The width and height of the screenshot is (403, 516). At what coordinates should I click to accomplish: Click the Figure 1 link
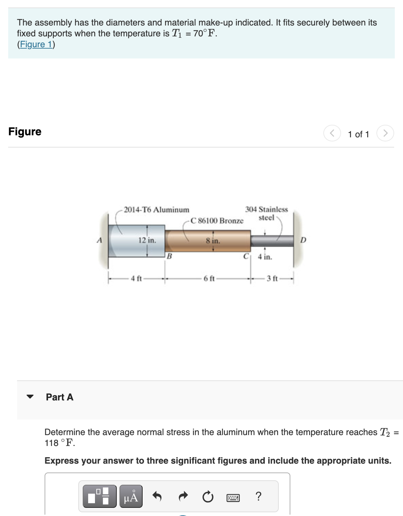point(36,45)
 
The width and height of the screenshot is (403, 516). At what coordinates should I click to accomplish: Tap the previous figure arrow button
point(332,133)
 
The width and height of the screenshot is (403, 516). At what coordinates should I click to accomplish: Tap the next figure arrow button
point(385,133)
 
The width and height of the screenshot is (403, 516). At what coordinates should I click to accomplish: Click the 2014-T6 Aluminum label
point(156,210)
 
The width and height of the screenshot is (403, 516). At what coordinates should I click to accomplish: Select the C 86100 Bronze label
point(217,221)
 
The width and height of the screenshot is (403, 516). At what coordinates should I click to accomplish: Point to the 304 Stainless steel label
point(267,213)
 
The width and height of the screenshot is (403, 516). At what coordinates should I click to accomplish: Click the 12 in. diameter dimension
point(147,240)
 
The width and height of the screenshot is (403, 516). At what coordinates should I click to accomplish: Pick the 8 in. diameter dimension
point(213,241)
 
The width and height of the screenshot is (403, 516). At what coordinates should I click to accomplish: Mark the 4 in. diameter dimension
point(265,257)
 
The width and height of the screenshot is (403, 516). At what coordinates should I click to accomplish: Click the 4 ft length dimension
point(136,279)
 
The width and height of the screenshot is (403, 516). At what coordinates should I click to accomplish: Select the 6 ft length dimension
point(209,279)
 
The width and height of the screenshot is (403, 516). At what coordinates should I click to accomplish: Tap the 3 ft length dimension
point(272,279)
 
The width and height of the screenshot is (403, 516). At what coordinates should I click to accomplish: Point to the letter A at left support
point(99,240)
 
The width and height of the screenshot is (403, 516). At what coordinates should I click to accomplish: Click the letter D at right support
point(303,240)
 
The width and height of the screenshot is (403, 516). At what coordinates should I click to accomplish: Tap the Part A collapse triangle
point(30,396)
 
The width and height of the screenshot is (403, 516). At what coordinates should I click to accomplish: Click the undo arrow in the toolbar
point(157,497)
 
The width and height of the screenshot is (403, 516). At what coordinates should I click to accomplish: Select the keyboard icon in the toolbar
point(233,498)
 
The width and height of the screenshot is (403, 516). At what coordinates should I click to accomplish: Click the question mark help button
point(259,497)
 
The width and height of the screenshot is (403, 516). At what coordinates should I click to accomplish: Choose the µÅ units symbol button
point(131,497)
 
